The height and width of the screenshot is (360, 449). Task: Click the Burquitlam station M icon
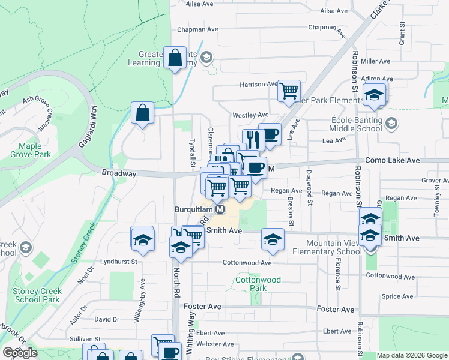click(x=220, y=209)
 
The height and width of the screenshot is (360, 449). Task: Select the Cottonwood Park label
click(x=250, y=284)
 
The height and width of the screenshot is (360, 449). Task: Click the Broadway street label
click(x=119, y=173)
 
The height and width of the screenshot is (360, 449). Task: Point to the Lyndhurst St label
click(x=119, y=262)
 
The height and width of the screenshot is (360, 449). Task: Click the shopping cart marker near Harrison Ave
click(x=289, y=91)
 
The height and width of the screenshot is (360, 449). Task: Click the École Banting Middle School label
click(x=357, y=124)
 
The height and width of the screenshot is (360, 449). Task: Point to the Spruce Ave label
click(x=397, y=296)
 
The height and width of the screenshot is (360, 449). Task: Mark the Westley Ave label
click(x=251, y=115)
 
